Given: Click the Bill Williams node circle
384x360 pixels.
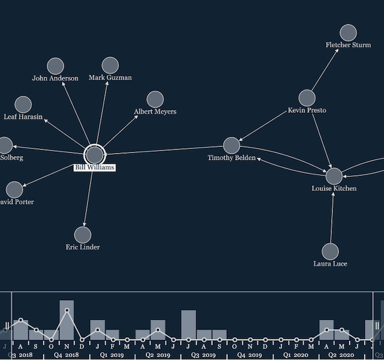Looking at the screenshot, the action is pos(94,154).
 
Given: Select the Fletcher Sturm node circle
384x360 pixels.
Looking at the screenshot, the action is pos(348,33).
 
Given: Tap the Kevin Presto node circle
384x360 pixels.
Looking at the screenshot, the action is pos(307,98).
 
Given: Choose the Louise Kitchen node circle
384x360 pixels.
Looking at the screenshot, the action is pos(334,176).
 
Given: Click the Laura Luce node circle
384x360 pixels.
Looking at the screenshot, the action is pos(330,251).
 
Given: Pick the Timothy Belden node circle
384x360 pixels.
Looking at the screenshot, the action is pos(232,145).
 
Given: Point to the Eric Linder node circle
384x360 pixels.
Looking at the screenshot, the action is pos(83,235).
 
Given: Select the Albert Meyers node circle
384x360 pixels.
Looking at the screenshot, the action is pos(155,100).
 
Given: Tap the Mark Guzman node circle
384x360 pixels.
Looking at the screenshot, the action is pos(110,65).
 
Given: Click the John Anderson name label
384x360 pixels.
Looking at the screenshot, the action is pos(55,79).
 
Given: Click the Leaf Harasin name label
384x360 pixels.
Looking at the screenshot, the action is pos(23,117).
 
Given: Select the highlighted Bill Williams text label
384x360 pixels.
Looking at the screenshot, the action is pos(94,168).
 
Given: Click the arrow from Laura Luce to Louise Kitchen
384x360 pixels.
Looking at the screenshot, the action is pos(332,216).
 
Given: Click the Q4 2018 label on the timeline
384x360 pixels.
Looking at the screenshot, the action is pos(66,355).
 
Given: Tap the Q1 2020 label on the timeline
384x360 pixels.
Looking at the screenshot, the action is pos(296,355).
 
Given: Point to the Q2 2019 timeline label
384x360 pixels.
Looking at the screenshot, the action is pos(158,355).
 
